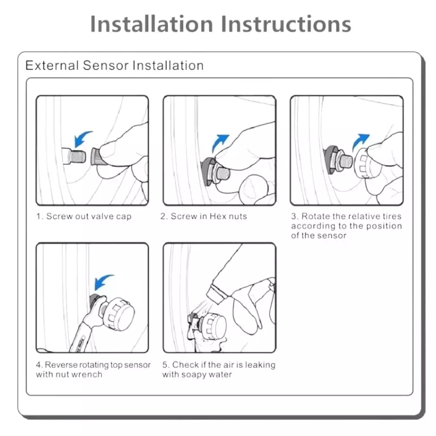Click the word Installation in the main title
tap(152, 24)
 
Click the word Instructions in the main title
tap(286, 24)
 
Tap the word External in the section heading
tap(52, 65)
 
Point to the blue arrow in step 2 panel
tap(220, 142)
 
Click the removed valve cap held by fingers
tap(97, 156)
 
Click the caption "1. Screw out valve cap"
tap(84, 216)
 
